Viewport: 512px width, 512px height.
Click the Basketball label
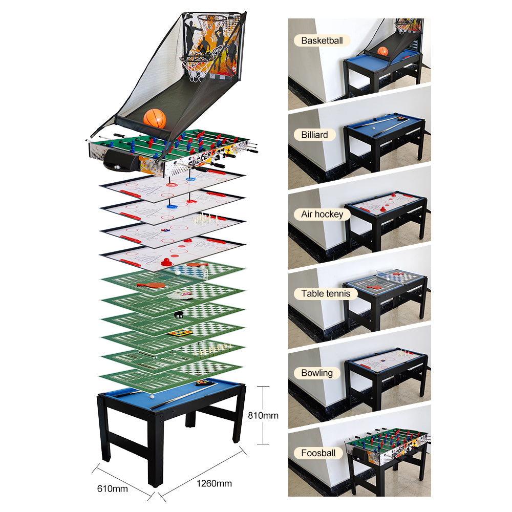click(322, 40)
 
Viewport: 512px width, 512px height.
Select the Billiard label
click(314, 135)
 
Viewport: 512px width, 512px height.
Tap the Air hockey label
click(322, 214)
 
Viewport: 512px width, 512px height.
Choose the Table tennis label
click(326, 293)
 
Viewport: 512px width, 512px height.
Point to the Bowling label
click(317, 373)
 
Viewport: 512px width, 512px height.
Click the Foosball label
click(318, 453)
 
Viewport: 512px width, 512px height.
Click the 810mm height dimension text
click(263, 415)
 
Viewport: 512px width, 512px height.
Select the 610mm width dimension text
click(112, 488)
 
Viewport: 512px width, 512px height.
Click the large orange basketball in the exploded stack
click(155, 118)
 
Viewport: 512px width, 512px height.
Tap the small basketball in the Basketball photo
click(382, 51)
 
